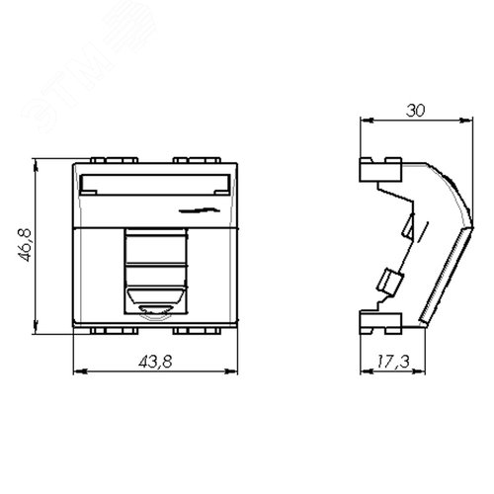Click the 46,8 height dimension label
(x=25, y=245)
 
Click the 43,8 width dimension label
(x=155, y=362)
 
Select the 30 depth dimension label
(x=416, y=111)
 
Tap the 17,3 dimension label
(x=393, y=362)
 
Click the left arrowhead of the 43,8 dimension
(x=80, y=371)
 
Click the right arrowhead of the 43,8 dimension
(x=230, y=371)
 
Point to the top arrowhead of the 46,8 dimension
(x=36, y=166)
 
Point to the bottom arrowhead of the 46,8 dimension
(x=36, y=327)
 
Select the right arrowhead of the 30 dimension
(x=465, y=121)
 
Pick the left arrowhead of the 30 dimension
(x=368, y=121)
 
